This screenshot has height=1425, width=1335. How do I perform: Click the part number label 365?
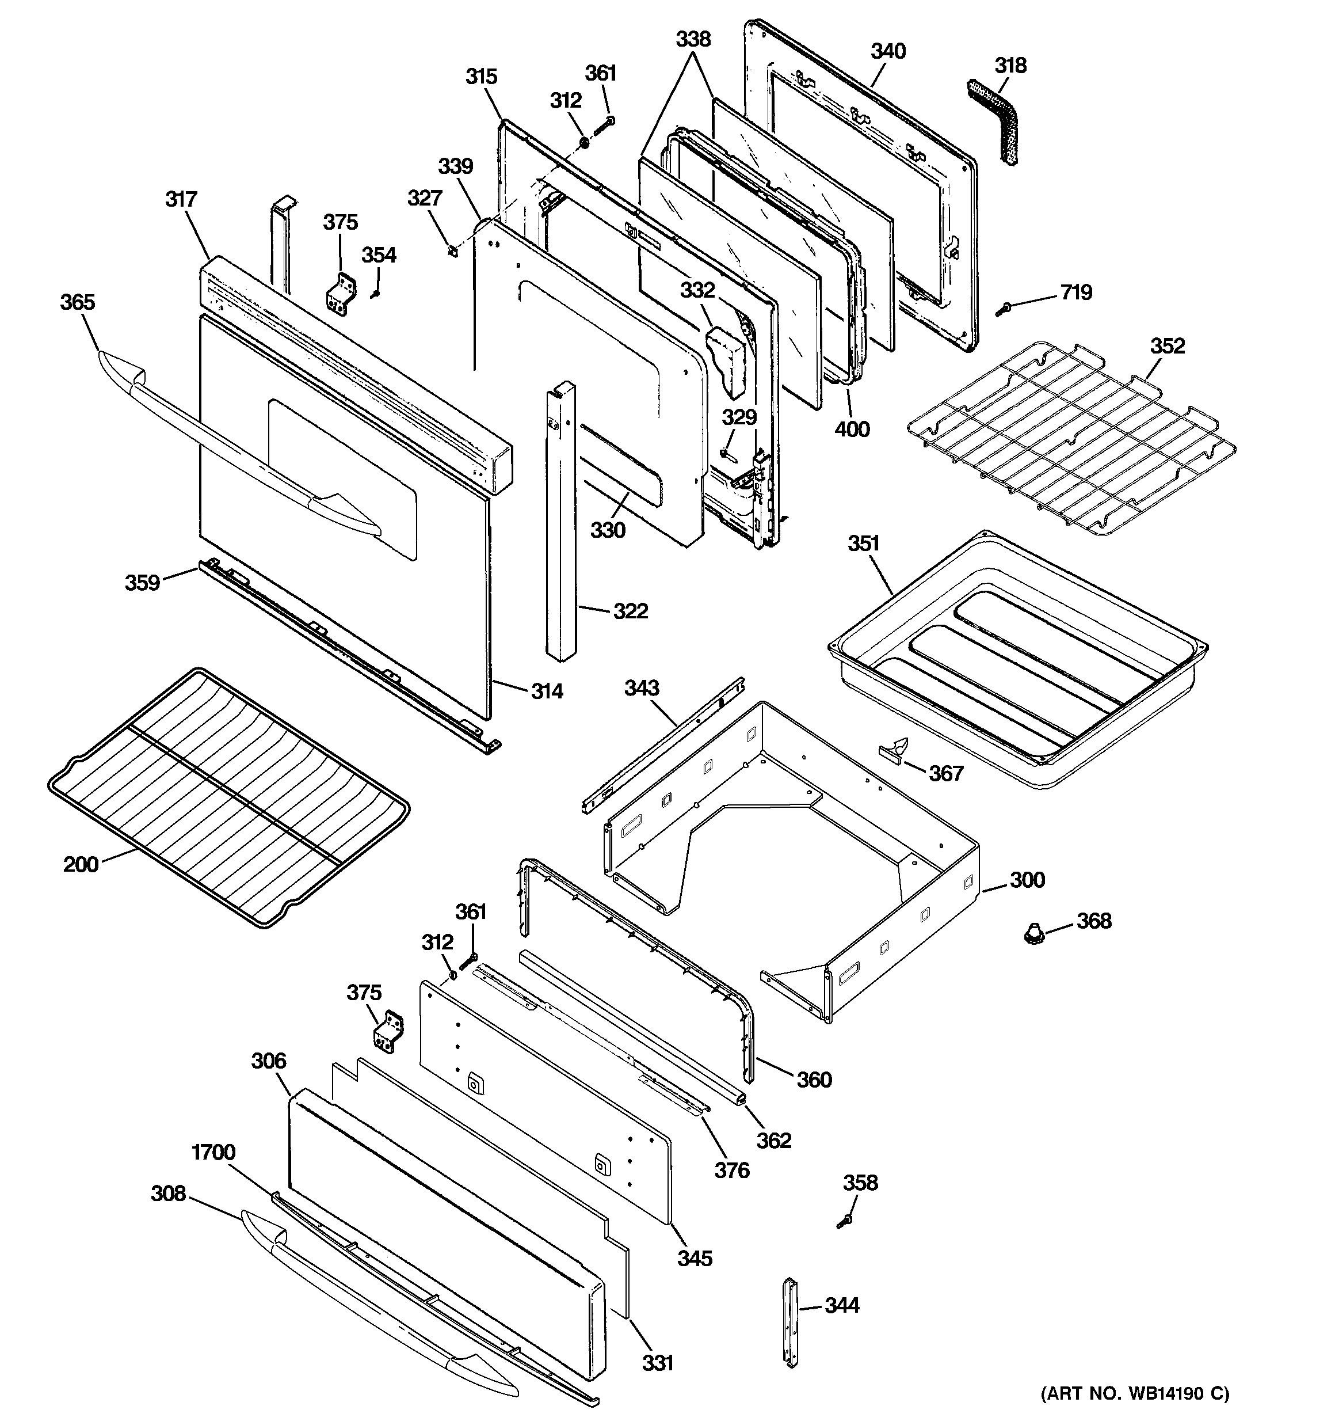[77, 302]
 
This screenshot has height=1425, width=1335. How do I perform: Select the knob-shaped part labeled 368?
[1032, 934]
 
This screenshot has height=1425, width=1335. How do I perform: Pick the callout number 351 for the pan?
[864, 544]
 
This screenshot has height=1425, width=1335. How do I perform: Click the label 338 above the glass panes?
[693, 39]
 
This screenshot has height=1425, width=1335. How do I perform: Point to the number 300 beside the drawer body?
[1027, 880]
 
